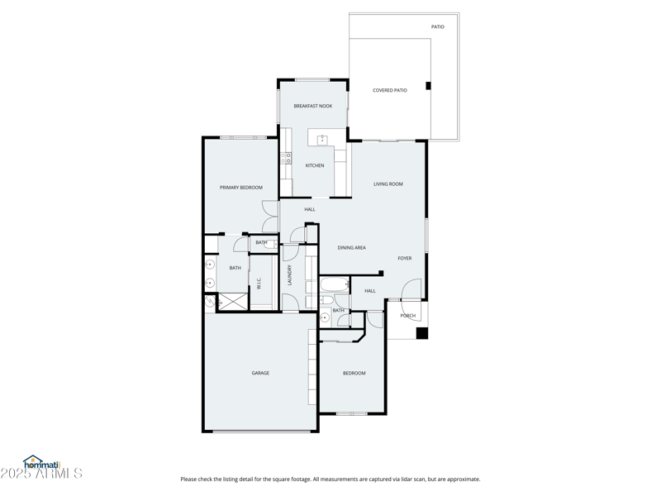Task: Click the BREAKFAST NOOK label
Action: (313, 106)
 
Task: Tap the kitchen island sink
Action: (321, 139)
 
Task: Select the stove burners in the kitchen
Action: (287, 157)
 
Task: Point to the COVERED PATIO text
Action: (389, 90)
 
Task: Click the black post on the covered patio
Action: (428, 86)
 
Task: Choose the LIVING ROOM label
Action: (388, 184)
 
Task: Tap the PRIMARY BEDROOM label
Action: (240, 188)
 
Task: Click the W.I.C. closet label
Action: (259, 284)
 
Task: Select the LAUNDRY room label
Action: (289, 274)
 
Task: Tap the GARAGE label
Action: (260, 373)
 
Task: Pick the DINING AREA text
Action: (352, 247)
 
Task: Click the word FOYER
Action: (404, 258)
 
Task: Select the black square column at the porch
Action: (421, 333)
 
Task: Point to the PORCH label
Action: (407, 315)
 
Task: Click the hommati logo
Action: (42, 464)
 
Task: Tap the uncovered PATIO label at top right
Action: (437, 26)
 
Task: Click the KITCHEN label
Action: (314, 165)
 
